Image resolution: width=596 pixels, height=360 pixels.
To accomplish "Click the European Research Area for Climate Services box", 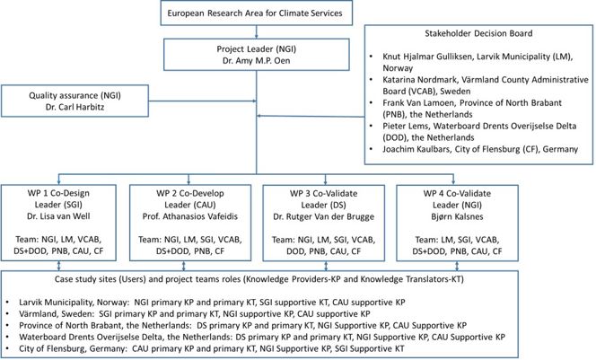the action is tap(256, 13).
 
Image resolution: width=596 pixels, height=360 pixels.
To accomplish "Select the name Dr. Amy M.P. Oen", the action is tap(256, 61).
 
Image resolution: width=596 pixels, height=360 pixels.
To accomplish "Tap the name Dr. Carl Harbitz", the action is tap(74, 107).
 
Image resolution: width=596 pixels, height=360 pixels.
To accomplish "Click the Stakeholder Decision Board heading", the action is tap(478, 33).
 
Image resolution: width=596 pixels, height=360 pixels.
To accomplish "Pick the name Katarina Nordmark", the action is tap(417, 80).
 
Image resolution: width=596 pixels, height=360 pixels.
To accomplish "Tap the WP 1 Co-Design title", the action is tap(58, 193).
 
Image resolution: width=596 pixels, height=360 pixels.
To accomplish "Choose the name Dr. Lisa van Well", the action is tap(58, 216).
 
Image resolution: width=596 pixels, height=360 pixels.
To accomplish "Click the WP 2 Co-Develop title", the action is tap(190, 193).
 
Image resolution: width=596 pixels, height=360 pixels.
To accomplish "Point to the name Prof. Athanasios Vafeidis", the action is tap(190, 216).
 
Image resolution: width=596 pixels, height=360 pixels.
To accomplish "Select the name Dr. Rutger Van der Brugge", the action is tap(323, 216).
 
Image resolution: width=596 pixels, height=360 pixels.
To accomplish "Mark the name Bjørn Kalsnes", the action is tap(457, 216).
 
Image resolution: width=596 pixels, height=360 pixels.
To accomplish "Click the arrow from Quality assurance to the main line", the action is tap(202, 101).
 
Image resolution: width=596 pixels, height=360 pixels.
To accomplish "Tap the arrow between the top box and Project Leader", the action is tap(257, 32).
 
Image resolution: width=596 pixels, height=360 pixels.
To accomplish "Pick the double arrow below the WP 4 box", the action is tap(457, 266).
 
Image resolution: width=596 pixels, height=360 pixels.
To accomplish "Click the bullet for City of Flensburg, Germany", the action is tap(7, 348).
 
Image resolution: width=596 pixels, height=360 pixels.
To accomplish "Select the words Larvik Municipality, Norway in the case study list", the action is tap(74, 303).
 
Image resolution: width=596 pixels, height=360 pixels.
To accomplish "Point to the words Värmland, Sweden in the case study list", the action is tap(57, 314).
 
